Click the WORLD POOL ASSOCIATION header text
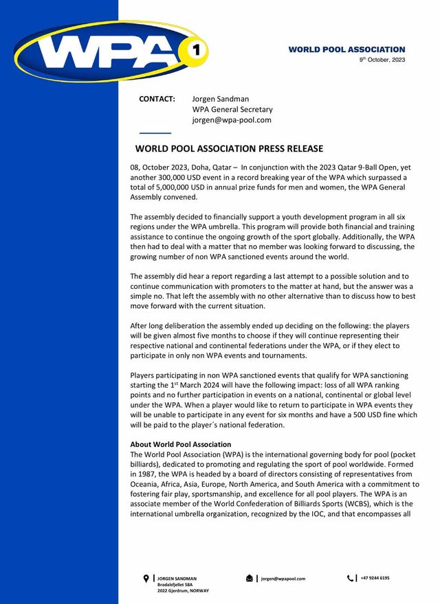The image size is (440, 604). tap(346, 49)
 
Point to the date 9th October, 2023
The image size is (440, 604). tap(382, 60)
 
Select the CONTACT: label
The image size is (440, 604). tap(157, 99)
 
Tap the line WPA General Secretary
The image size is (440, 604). tap(232, 109)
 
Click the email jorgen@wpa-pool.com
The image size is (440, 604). tap(231, 119)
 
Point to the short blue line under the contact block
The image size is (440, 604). tap(155, 132)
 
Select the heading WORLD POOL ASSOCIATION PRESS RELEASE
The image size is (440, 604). tap(229, 149)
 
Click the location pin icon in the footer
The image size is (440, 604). tap(146, 579)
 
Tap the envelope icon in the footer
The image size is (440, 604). tap(249, 579)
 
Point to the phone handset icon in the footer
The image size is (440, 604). tap(350, 579)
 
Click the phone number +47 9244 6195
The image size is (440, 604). tap(375, 578)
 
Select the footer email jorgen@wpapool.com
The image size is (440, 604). tap(283, 579)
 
